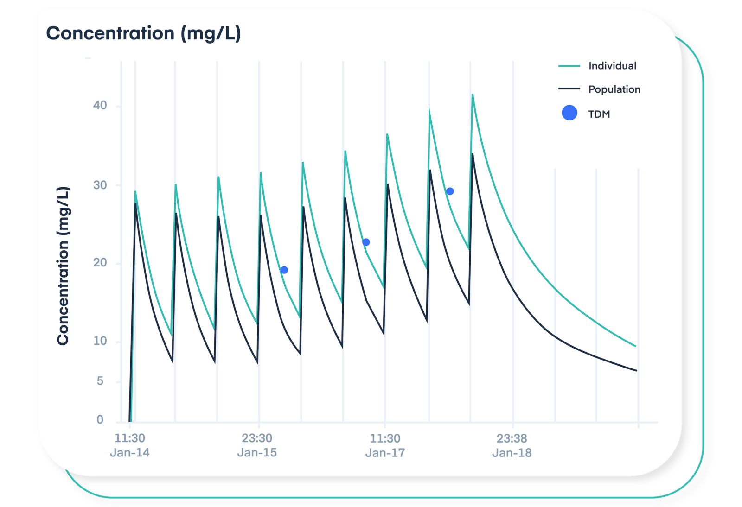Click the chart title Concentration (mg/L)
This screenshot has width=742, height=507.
click(x=143, y=33)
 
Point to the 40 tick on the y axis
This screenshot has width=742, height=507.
click(x=100, y=105)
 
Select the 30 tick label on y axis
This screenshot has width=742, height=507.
click(x=100, y=185)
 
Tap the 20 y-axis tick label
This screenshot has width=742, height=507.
click(x=100, y=263)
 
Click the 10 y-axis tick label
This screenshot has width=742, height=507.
click(x=100, y=341)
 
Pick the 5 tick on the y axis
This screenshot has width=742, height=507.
click(x=100, y=381)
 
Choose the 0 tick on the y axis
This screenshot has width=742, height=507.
click(x=100, y=419)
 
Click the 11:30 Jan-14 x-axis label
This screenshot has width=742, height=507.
click(x=130, y=445)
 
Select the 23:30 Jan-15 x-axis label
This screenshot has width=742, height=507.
click(x=257, y=445)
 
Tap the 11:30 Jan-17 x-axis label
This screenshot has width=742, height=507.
click(x=385, y=445)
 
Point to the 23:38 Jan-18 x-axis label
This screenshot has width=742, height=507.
click(x=512, y=445)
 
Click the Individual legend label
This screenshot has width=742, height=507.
click(x=612, y=66)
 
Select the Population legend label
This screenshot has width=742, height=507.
click(x=614, y=89)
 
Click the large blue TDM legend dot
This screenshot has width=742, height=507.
click(x=569, y=113)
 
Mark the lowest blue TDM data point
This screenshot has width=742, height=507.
click(x=284, y=270)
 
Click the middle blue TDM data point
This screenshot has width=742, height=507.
click(x=366, y=242)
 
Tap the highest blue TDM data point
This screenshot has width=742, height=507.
click(x=450, y=191)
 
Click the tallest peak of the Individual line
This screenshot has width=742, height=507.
click(x=473, y=95)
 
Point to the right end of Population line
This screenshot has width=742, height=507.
click(x=636, y=370)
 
